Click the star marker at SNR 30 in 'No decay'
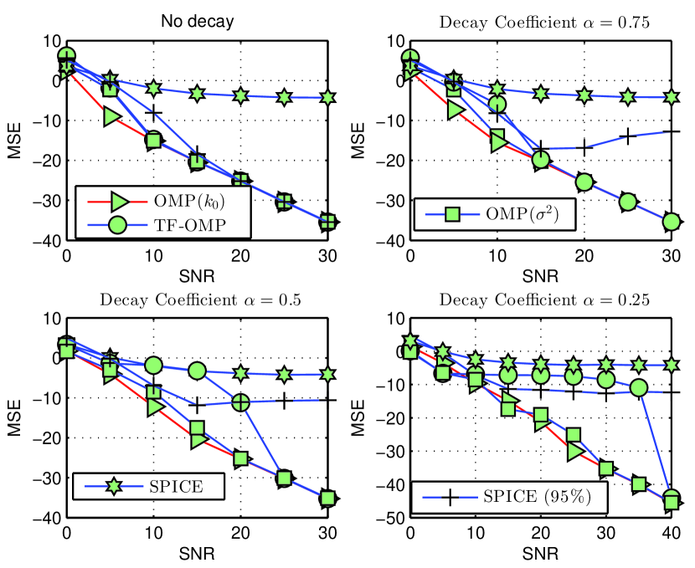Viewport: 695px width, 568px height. click(327, 98)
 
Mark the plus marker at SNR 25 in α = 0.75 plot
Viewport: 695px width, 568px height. click(628, 136)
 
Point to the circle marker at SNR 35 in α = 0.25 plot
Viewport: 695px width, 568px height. click(638, 388)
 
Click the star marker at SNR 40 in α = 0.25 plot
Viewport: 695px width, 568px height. click(671, 364)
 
